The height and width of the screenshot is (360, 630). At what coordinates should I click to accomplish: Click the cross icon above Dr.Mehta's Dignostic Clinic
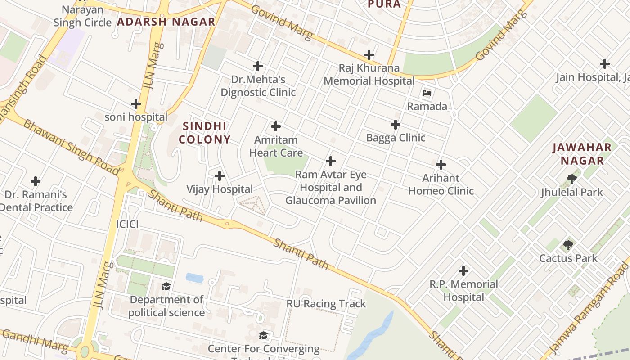click(x=258, y=66)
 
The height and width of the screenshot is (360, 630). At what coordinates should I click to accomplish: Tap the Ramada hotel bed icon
click(x=427, y=94)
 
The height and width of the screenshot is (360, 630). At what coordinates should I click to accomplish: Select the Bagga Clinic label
click(x=396, y=138)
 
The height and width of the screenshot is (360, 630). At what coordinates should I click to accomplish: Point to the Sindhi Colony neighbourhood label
click(x=205, y=133)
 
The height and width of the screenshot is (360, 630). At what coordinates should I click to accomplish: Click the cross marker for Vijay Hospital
click(x=220, y=175)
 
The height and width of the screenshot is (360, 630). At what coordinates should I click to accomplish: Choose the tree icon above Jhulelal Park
click(x=572, y=179)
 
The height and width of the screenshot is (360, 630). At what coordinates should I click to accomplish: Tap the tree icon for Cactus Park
click(x=568, y=245)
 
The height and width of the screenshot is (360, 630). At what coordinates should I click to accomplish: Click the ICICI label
click(x=127, y=224)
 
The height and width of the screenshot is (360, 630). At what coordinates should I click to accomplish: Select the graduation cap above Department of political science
click(x=166, y=287)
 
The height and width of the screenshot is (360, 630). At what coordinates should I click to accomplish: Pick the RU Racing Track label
click(x=326, y=304)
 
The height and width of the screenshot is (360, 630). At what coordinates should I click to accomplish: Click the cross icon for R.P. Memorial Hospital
click(x=463, y=271)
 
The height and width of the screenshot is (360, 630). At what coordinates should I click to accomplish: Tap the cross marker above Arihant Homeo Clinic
click(x=441, y=165)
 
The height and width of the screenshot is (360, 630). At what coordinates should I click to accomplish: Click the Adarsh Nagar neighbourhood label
click(x=166, y=22)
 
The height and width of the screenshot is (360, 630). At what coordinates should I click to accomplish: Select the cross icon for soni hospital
click(x=136, y=104)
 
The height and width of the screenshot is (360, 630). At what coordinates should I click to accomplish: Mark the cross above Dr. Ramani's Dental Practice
click(x=36, y=181)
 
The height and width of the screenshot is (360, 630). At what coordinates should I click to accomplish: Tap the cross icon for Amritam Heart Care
click(x=276, y=126)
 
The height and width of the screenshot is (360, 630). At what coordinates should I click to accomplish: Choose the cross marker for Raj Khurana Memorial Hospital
click(x=369, y=55)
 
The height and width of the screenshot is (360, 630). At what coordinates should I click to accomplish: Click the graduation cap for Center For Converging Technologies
click(x=264, y=335)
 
